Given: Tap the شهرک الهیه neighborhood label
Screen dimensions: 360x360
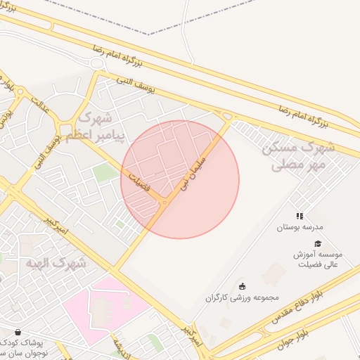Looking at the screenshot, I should tap(56, 263).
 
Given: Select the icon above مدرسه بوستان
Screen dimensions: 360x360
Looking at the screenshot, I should tap(300, 217).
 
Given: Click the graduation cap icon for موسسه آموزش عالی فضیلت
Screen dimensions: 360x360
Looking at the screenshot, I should tap(318, 243).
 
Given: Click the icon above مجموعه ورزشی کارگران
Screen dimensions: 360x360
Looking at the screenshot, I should tap(243, 285).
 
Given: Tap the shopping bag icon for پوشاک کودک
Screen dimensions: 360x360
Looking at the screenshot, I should tap(18, 332).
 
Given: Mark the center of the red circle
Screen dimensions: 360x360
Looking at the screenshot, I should tap(180, 180).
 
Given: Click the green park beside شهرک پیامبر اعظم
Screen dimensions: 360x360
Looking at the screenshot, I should tap(105, 173).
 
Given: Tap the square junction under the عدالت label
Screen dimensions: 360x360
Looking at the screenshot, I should tap(67, 129).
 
